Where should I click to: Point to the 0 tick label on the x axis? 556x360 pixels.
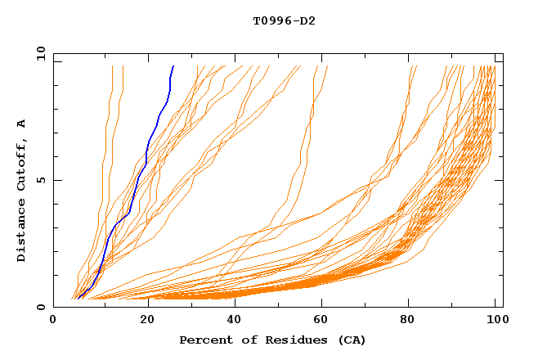coord(54,320)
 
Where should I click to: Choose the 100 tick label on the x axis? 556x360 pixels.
coord(495,320)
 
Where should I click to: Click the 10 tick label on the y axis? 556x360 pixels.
coord(40,53)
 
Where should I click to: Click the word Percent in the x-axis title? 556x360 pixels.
coord(205,340)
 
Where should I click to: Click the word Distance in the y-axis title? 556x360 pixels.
coord(21,230)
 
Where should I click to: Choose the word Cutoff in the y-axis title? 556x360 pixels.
coord(21,161)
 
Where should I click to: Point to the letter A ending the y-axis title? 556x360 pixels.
coord(21,123)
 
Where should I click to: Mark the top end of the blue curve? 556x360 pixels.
coord(173,66)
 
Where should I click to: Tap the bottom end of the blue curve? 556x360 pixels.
coord(78,297)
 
